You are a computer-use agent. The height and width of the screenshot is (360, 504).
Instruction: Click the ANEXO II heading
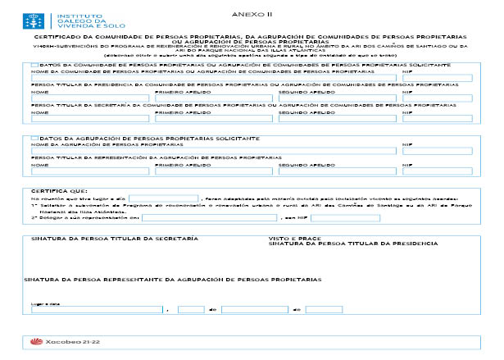[x=259, y=15]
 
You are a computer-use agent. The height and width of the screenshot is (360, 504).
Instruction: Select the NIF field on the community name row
[x=438, y=79]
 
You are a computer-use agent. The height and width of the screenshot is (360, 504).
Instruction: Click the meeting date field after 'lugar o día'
[x=163, y=198]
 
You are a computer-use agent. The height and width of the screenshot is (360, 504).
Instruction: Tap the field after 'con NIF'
[x=344, y=217]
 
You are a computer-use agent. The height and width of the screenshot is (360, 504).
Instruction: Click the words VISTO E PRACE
[x=288, y=239]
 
